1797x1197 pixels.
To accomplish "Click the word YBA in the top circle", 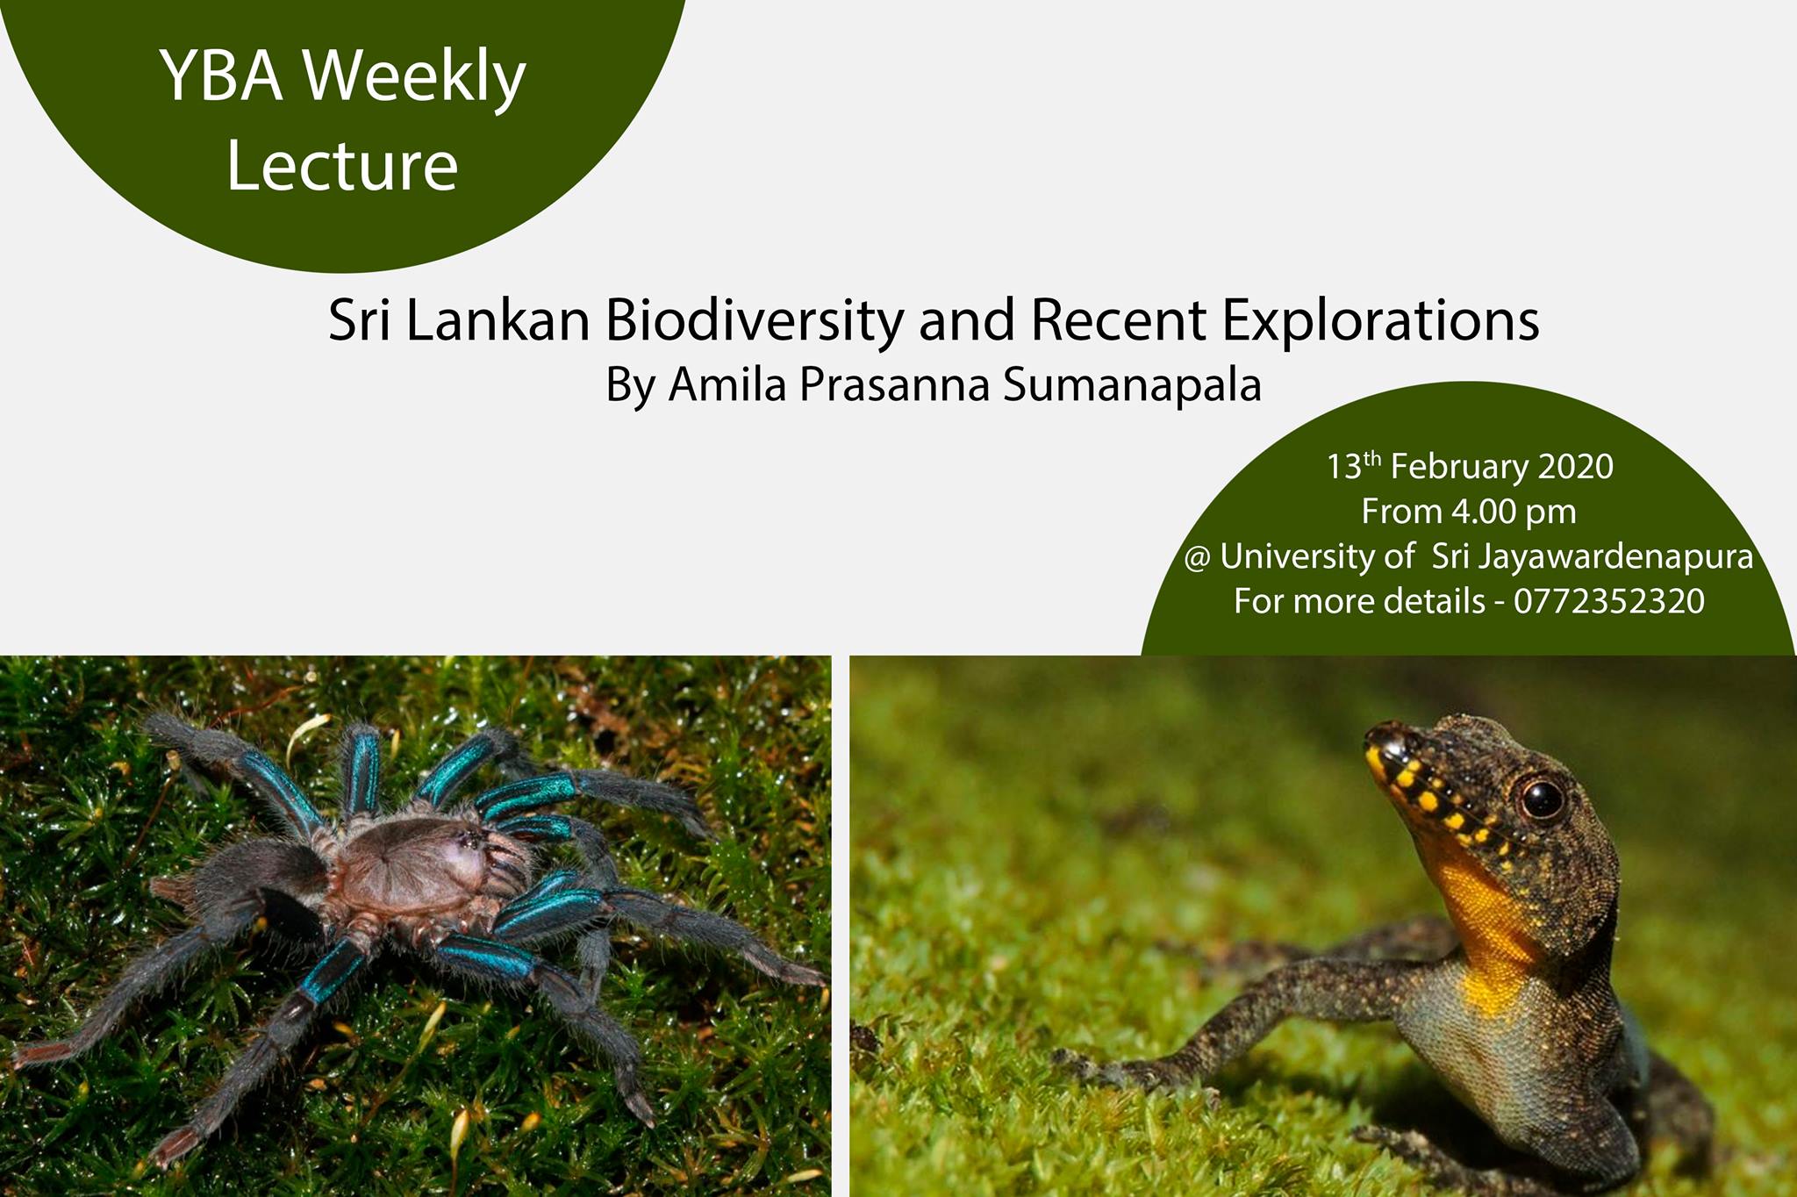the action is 221,76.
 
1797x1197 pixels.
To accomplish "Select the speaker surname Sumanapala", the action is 1132,386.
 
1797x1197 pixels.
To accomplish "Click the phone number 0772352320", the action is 1609,602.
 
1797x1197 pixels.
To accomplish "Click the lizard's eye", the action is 1542,798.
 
